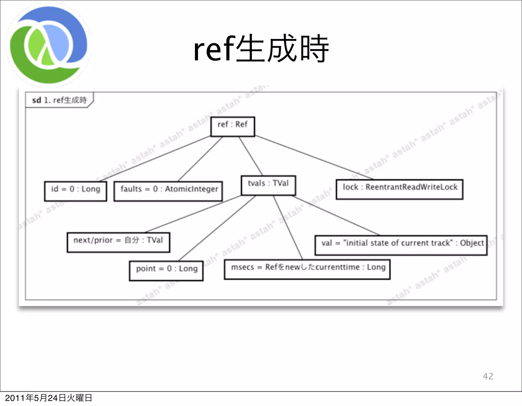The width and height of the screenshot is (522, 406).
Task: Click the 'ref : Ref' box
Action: pos(232,127)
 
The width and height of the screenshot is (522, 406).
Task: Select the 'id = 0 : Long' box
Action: pos(75,191)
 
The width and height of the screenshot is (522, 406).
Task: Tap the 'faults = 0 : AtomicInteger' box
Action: pos(168,191)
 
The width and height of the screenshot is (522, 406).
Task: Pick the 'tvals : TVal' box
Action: pos(268,185)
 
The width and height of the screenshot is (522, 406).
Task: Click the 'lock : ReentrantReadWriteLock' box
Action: pos(399,189)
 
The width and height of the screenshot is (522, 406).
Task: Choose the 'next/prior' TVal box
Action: pos(118,242)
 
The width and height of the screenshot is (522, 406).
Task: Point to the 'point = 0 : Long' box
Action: pos(166,271)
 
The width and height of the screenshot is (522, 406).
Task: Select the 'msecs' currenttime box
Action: pos(307,269)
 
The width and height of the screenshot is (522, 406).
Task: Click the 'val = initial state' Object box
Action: pos(401,245)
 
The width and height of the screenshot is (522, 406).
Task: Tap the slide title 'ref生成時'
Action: pos(261,49)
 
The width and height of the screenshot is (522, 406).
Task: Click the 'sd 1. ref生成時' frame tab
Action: pos(59,100)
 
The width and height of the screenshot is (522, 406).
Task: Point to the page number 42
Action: pos(488,376)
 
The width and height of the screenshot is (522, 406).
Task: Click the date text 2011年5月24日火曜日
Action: pos(48,398)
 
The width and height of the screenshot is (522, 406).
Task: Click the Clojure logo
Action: pos(48,45)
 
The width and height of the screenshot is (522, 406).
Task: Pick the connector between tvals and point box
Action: pos(217,228)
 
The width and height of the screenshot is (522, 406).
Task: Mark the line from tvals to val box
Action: pos(336,216)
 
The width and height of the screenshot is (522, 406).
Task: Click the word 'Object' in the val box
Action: pos(472,243)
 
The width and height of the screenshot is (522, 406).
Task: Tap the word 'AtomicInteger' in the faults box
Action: pos(191,189)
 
